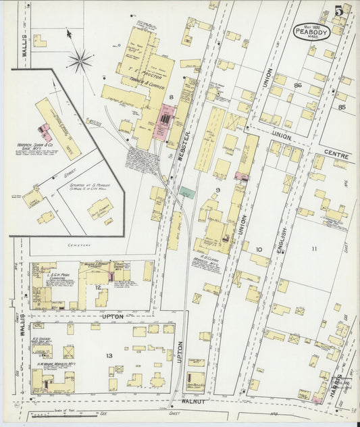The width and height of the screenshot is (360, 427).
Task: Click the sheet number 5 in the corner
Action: [x=338, y=11]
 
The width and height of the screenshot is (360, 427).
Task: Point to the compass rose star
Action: [x=80, y=61]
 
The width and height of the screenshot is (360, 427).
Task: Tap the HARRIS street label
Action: [x=336, y=384]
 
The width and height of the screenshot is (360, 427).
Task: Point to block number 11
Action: [x=314, y=249]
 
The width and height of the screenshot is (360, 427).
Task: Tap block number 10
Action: [x=259, y=250]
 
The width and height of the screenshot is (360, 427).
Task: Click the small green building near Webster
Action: [x=188, y=193]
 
